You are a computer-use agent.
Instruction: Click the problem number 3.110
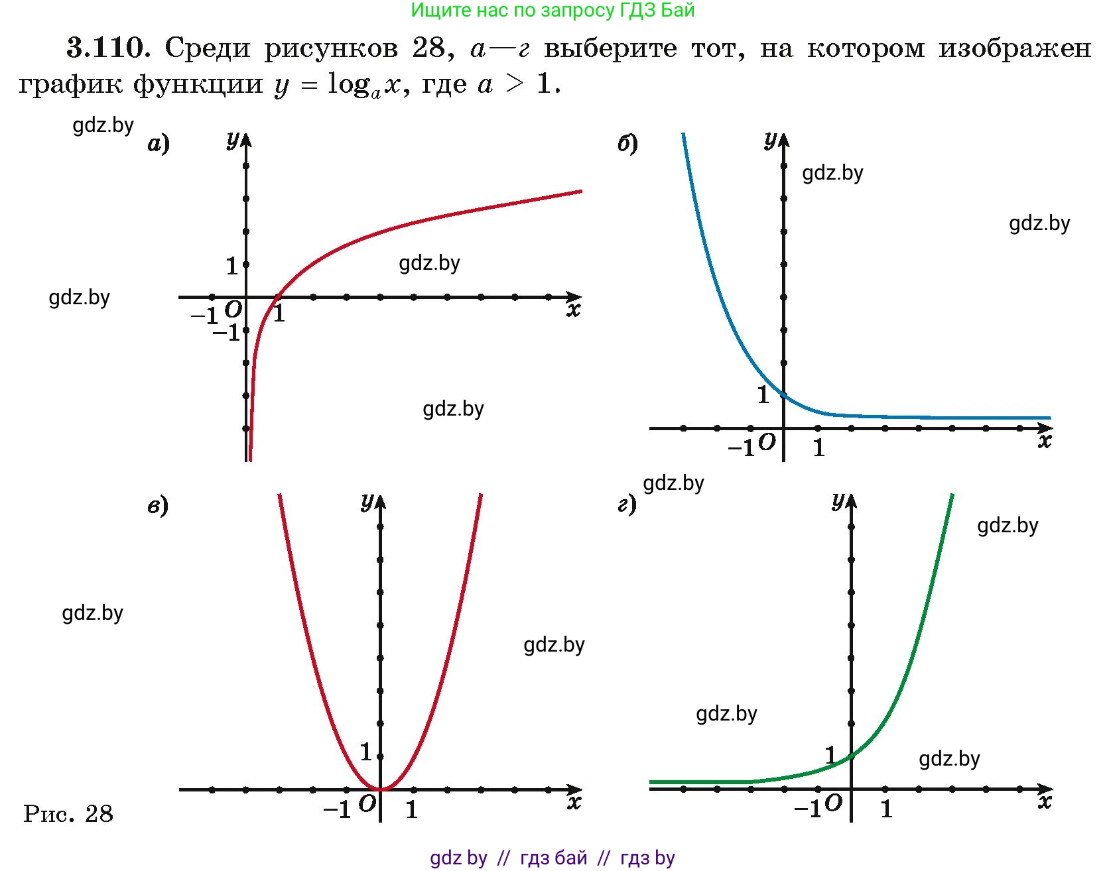tap(106, 48)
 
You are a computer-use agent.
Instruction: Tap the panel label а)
tap(159, 143)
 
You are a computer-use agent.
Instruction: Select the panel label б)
tap(627, 143)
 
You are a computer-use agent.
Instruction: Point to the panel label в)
tap(158, 506)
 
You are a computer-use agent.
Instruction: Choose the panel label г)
tap(627, 506)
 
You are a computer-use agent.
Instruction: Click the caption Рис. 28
tap(68, 813)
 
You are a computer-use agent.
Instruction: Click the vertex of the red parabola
tap(381, 789)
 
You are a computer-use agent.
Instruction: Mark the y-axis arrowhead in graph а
tap(246, 140)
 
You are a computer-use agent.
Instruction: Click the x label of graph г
tap(1045, 802)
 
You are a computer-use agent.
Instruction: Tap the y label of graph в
tap(367, 502)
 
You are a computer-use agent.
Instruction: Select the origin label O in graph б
tap(767, 442)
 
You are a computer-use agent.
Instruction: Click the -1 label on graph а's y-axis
tap(226, 332)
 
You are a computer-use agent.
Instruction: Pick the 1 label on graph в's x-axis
tap(412, 809)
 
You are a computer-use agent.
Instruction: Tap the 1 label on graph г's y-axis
tap(830, 754)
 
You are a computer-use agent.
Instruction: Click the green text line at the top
tap(553, 11)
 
